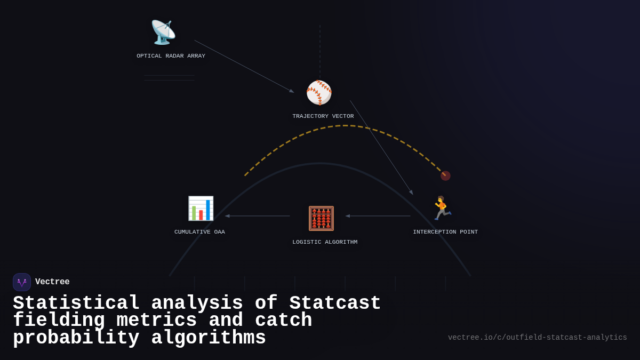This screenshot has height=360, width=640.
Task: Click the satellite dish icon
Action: point(163,32)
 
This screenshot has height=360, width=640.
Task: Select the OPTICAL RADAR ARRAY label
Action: point(171,56)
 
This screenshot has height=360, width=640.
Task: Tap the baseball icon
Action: point(319,93)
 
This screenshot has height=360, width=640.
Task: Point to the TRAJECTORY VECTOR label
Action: point(323,116)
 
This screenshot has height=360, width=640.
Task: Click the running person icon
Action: point(442,208)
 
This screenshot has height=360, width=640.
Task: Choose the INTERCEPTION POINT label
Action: point(445,232)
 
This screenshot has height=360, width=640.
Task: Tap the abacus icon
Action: point(321,218)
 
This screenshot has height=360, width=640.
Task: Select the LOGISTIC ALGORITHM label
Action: point(325,242)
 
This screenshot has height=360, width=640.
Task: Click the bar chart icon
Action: point(201,208)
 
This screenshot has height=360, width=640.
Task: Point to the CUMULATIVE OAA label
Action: point(199,232)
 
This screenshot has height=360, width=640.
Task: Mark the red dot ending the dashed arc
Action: point(445,175)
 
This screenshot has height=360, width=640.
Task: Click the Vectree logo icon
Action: point(22,282)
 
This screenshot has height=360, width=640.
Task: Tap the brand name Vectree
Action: point(52,282)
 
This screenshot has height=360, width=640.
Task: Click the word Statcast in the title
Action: point(335,303)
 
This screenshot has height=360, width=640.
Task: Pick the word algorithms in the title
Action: point(209,338)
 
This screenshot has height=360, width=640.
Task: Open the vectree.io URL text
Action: point(537,338)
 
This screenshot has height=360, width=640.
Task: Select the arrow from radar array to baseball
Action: point(244,66)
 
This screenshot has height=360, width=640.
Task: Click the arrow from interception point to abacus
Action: point(378,216)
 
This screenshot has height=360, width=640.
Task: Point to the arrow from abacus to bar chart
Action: point(258,216)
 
